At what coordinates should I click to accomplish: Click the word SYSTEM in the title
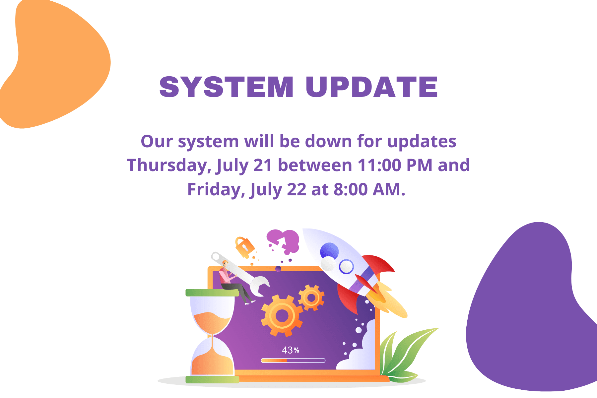pos(227,87)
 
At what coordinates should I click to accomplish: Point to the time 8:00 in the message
pos(351,189)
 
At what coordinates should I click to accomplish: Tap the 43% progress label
pos(291,350)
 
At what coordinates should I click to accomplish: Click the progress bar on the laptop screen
pos(293,361)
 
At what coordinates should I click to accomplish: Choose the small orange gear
pos(311,298)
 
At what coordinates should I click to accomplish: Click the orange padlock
pos(244,246)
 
